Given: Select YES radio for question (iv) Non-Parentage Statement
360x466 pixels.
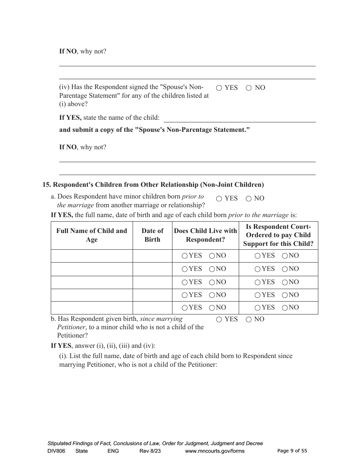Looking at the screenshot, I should pyautogui.click(x=219, y=88).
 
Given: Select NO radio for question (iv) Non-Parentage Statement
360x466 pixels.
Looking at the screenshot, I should pyautogui.click(x=249, y=88).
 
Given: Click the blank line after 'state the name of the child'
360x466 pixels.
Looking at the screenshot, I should pyautogui.click(x=239, y=118).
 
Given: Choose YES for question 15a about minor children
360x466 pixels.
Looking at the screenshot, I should pyautogui.click(x=219, y=199).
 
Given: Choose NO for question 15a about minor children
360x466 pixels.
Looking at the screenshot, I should pyautogui.click(x=249, y=199).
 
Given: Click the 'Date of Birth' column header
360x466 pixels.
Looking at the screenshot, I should pyautogui.click(x=152, y=235).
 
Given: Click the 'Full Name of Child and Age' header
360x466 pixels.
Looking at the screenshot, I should pyautogui.click(x=92, y=235).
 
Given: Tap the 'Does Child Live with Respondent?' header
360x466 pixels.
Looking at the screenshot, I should pyautogui.click(x=205, y=235).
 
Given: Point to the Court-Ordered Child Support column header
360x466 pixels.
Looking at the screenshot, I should pyautogui.click(x=278, y=235).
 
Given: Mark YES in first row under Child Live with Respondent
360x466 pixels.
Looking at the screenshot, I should pyautogui.click(x=185, y=256).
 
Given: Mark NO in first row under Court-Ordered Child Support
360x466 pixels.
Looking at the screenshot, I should pyautogui.click(x=285, y=256).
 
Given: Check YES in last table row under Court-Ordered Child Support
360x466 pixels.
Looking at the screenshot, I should pyautogui.click(x=258, y=308).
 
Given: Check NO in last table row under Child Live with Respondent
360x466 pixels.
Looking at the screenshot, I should pyautogui.click(x=212, y=308).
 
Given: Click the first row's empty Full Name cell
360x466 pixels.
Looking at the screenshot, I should pyautogui.click(x=92, y=256).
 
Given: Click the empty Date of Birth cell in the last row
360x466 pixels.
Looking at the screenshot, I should pyautogui.click(x=152, y=308).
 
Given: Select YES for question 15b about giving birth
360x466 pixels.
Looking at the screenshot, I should pyautogui.click(x=219, y=320).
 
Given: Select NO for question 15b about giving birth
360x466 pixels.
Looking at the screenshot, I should pyautogui.click(x=249, y=320).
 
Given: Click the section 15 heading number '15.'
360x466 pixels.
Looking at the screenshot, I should pyautogui.click(x=47, y=185).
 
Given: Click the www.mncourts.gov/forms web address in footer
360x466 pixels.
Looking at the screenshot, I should pyautogui.click(x=214, y=451).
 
